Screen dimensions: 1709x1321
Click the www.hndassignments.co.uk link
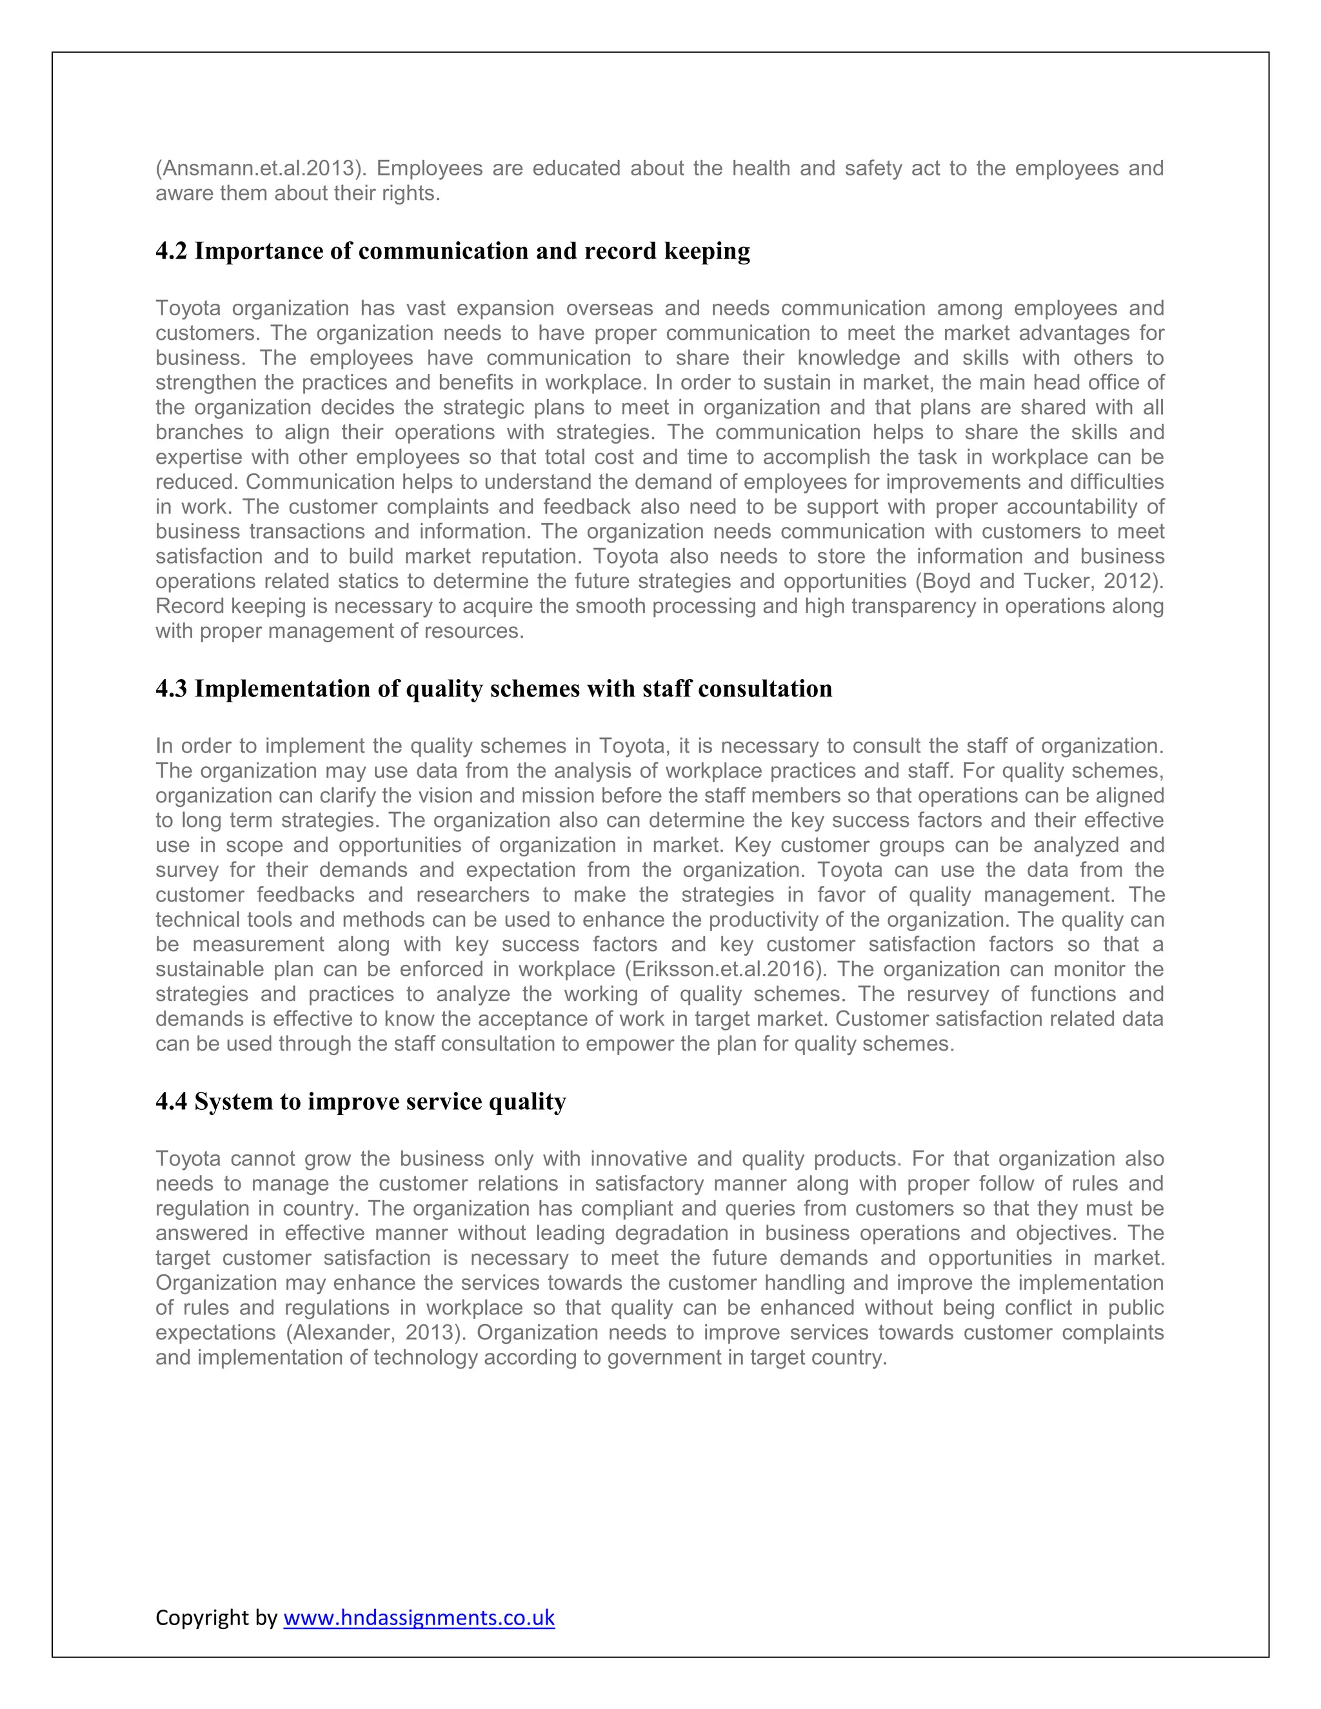(x=419, y=1617)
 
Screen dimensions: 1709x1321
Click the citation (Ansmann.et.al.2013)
(x=261, y=168)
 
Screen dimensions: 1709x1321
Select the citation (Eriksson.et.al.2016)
(x=726, y=969)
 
